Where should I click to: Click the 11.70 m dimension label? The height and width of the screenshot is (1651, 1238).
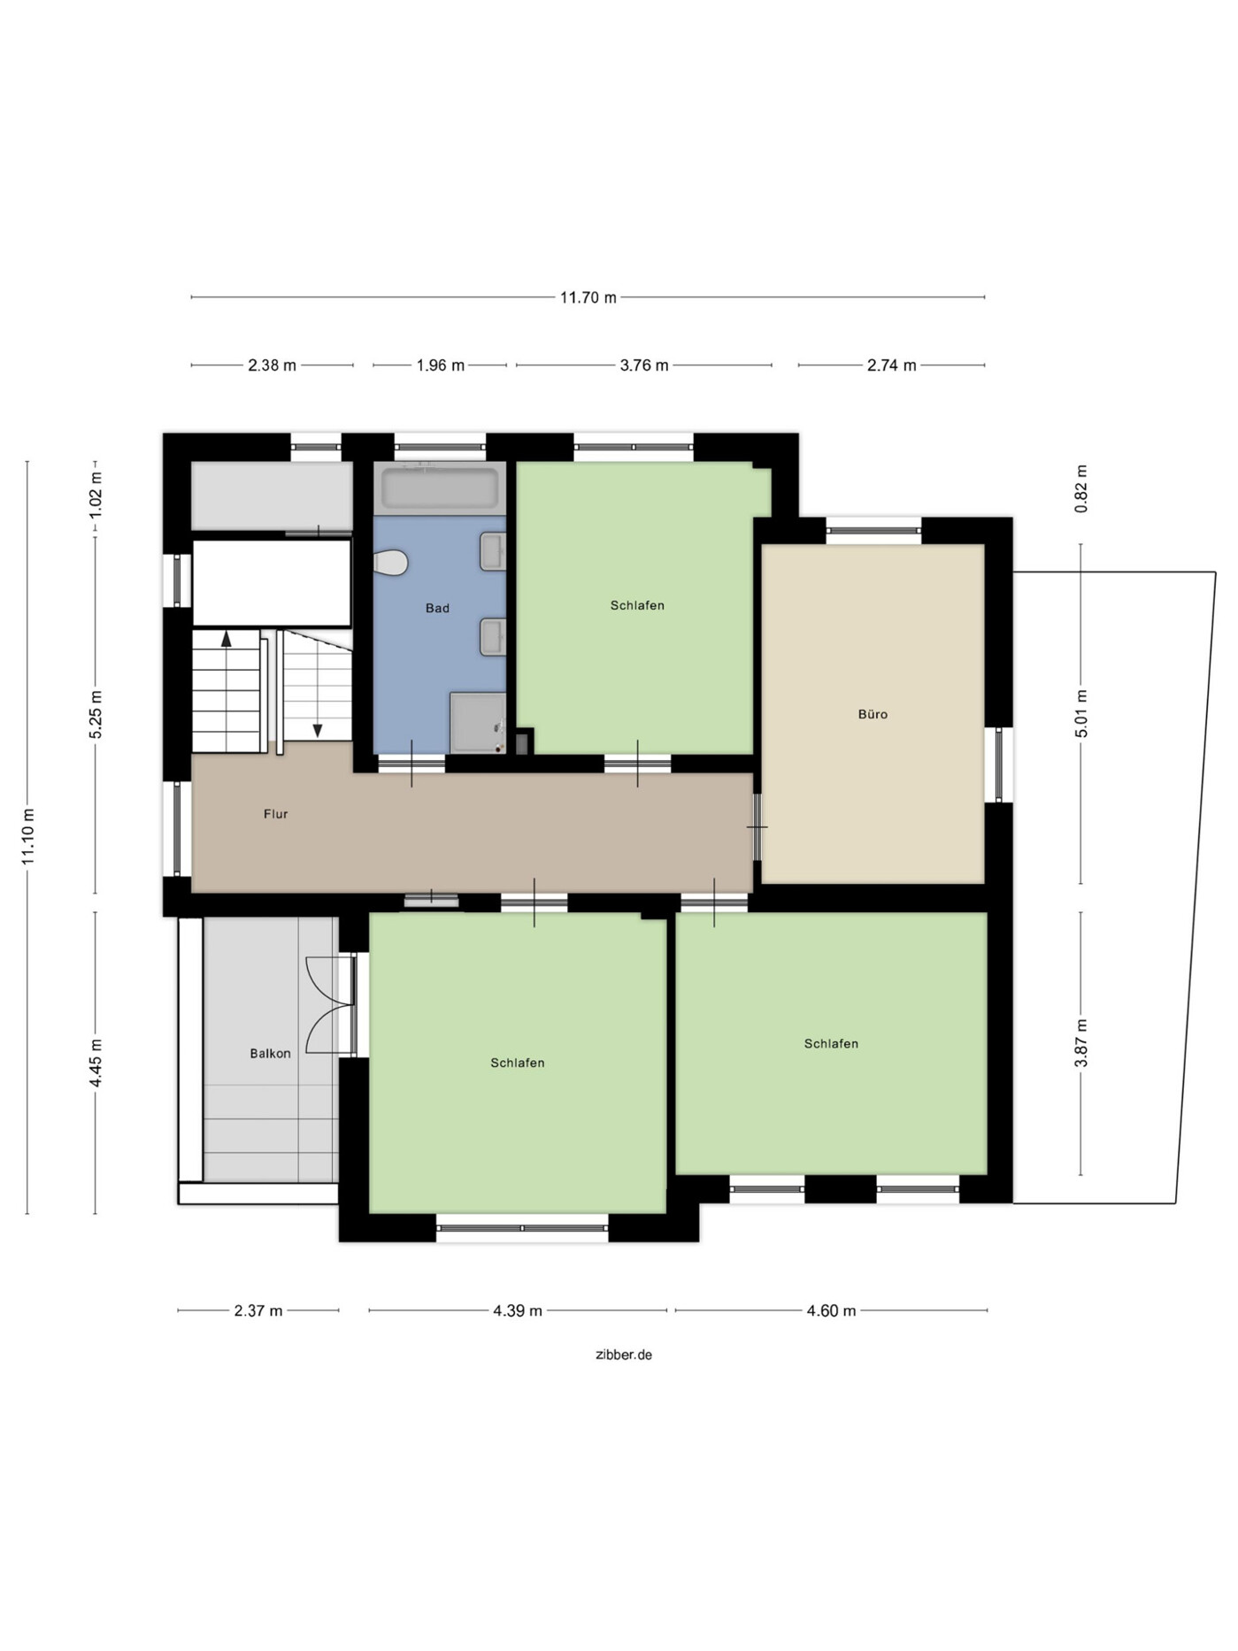click(588, 297)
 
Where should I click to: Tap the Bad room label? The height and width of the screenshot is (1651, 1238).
click(437, 608)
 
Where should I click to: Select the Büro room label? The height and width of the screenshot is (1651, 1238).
click(873, 714)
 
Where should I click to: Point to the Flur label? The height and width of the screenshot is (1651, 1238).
click(275, 814)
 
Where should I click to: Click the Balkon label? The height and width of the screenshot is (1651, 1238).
click(270, 1053)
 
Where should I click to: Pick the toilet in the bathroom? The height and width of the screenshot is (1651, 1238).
click(389, 562)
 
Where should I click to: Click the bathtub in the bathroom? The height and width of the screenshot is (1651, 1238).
click(440, 488)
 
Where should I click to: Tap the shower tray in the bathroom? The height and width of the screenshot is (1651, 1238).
click(478, 723)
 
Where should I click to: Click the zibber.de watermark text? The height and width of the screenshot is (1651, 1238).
click(624, 1355)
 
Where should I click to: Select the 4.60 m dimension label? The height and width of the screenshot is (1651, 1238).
click(831, 1310)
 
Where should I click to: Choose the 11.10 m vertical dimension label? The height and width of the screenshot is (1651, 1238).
click(27, 837)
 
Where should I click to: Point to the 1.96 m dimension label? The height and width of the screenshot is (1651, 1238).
click(441, 365)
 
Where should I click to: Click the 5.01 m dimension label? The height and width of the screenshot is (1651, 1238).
click(1081, 713)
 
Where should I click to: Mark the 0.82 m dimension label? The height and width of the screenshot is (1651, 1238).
click(1081, 488)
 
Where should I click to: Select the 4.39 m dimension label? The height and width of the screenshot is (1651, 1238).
click(518, 1310)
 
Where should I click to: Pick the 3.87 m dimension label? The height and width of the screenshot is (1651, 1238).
click(1081, 1043)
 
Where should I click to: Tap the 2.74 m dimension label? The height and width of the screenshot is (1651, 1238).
click(891, 365)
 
